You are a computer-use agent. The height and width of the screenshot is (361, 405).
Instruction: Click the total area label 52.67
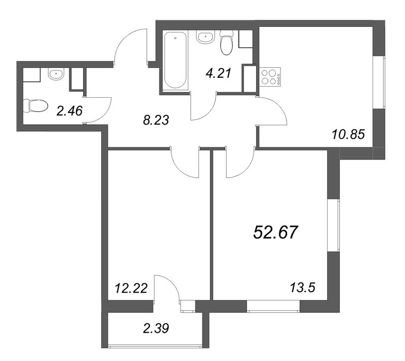(276, 232)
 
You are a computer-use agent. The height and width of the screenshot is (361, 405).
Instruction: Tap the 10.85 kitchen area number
(348, 134)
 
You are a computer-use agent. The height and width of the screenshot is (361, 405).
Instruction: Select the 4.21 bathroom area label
(218, 73)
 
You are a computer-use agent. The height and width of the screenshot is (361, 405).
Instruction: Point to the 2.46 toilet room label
(69, 111)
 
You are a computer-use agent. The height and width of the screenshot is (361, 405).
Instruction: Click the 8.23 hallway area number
(156, 120)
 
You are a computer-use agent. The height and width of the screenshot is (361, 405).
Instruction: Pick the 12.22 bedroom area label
(131, 288)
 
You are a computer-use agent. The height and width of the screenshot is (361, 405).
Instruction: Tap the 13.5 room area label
(303, 288)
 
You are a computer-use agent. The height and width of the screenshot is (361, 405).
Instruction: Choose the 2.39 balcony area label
(156, 328)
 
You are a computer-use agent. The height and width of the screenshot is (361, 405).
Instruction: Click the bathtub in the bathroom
(175, 60)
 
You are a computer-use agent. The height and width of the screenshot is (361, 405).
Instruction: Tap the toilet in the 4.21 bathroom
(226, 43)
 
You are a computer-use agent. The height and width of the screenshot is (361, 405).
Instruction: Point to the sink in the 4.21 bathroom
(206, 37)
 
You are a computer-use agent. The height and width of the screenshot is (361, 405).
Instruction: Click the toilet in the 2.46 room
(35, 106)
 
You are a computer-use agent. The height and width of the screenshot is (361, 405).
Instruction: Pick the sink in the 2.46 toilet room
(56, 74)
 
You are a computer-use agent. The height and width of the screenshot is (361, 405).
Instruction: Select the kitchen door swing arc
(278, 108)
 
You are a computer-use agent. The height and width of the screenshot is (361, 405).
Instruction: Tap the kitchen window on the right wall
(379, 83)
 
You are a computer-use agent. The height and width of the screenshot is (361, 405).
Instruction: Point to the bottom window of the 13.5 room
(273, 306)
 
